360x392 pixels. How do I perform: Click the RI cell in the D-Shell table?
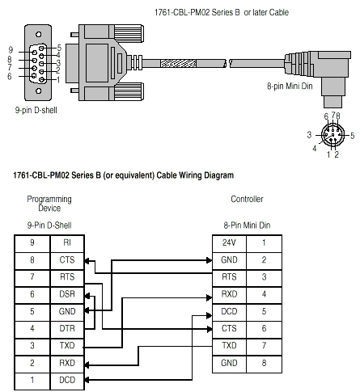(66, 242)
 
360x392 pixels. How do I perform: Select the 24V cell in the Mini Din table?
(229, 242)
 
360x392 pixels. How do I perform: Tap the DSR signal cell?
(66, 294)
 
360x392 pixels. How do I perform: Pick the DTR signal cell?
(66, 328)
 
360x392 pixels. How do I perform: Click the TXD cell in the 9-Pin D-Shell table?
(66, 346)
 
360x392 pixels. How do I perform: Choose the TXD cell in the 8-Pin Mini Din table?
(229, 346)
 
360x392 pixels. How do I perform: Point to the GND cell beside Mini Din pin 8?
(229, 363)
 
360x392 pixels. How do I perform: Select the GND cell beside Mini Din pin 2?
(229, 259)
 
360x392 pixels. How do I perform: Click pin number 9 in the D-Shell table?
(32, 242)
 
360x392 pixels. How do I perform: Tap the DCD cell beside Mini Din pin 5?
(229, 311)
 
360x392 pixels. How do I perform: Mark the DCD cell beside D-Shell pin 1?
(66, 380)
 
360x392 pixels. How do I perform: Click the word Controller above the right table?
(247, 198)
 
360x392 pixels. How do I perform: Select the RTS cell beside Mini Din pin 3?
(229, 276)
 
